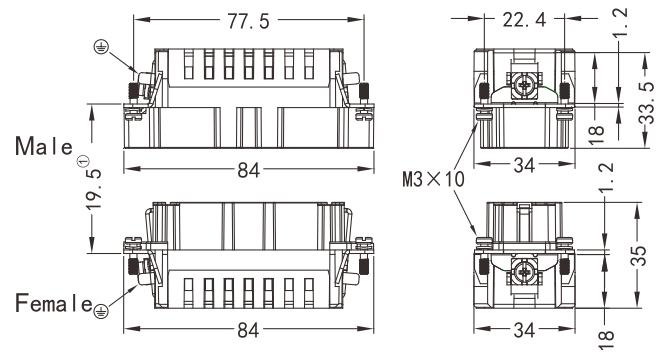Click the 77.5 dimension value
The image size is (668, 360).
coord(248,20)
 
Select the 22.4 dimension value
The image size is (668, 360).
coord(524,19)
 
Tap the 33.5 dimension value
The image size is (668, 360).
coord(647,103)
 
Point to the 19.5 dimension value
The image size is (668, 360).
coord(94,188)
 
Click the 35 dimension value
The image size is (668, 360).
coord(639,256)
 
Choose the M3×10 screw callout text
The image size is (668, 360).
coord(433,179)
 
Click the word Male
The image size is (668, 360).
coord(44,146)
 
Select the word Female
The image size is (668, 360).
coord(54,303)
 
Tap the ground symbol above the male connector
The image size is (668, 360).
coord(101,47)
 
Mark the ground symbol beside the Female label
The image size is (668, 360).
coord(101,311)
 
